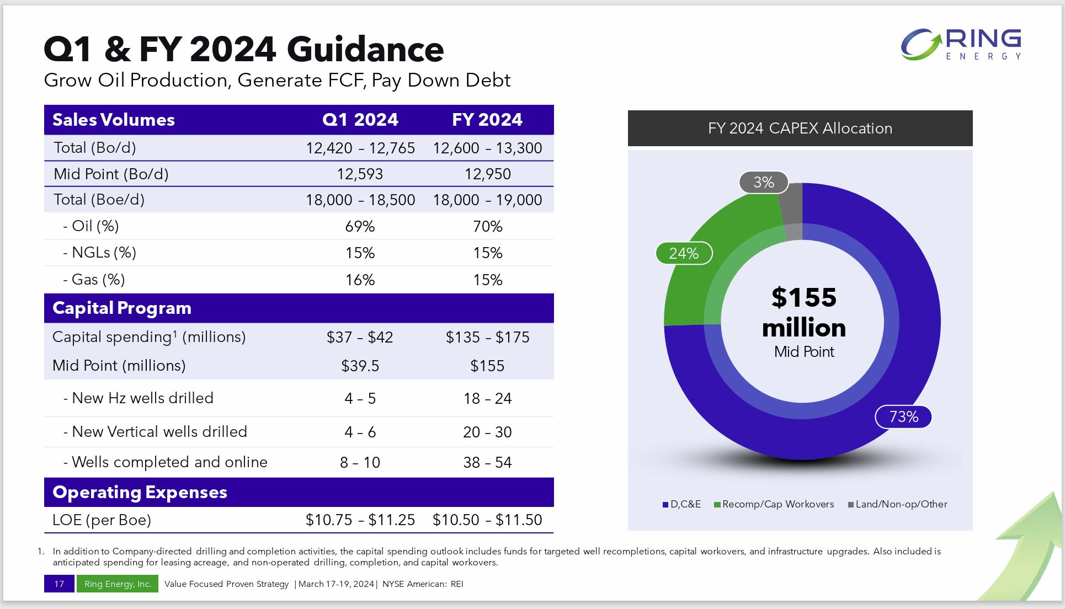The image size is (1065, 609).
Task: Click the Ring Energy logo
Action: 961,44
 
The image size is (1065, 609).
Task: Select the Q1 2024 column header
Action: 360,120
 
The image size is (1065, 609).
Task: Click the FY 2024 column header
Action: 487,120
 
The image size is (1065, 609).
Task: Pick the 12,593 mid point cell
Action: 360,174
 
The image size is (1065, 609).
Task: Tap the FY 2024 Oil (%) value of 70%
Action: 487,227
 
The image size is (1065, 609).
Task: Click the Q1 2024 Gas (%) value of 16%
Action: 360,280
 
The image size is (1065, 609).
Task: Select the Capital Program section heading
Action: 122,308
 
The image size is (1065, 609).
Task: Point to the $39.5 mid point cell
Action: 360,366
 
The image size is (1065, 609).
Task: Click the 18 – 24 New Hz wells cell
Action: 487,399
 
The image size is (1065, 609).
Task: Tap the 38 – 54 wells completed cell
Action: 487,463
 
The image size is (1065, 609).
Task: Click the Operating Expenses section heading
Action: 140,492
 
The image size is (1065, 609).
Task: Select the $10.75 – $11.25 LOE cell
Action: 360,520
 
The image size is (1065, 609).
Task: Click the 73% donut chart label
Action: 903,417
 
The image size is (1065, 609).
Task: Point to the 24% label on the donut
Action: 684,254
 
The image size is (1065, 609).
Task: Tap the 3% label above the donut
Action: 764,183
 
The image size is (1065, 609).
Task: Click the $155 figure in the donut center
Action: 803,298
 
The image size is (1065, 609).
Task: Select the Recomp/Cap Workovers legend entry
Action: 774,504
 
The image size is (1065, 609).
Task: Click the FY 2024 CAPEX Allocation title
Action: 800,129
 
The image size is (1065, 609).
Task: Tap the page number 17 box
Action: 59,584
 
